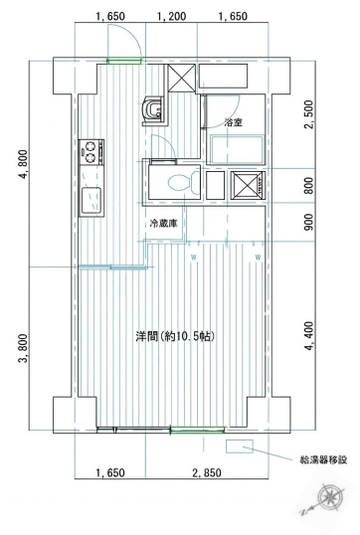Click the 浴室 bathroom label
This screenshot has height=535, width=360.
[x=235, y=123]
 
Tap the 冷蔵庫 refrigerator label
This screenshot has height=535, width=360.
[x=165, y=224]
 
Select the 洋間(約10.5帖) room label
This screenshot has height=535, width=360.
[x=175, y=336]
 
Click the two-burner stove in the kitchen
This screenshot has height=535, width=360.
[x=90, y=153]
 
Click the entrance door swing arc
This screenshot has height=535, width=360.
[x=122, y=42]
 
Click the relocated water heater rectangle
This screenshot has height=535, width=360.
[x=240, y=447]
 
